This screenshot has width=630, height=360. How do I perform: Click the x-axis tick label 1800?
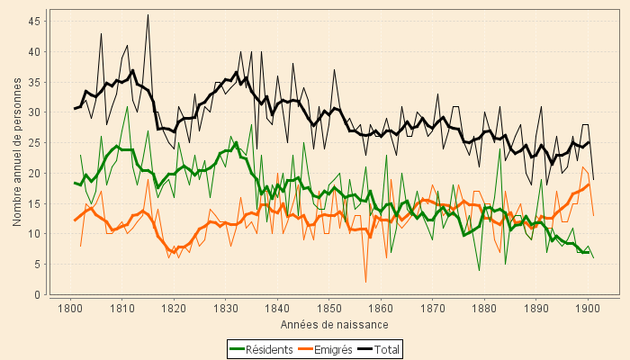pos(70,310)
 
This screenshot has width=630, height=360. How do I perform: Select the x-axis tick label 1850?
pos(328,310)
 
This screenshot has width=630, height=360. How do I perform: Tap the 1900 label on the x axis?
pos(588,310)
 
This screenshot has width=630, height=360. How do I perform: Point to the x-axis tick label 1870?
pos(432,310)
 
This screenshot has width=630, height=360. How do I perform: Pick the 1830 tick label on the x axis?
pos(225,310)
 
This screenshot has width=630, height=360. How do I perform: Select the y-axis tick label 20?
pos(31,173)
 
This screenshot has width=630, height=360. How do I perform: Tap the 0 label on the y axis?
pos(35,294)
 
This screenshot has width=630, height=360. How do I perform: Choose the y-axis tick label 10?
pos(31,234)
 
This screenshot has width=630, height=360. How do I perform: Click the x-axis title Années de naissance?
pos(334,324)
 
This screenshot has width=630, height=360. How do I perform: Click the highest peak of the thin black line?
pos(148,14)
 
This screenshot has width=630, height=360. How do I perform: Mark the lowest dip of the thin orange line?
pos(365,282)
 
